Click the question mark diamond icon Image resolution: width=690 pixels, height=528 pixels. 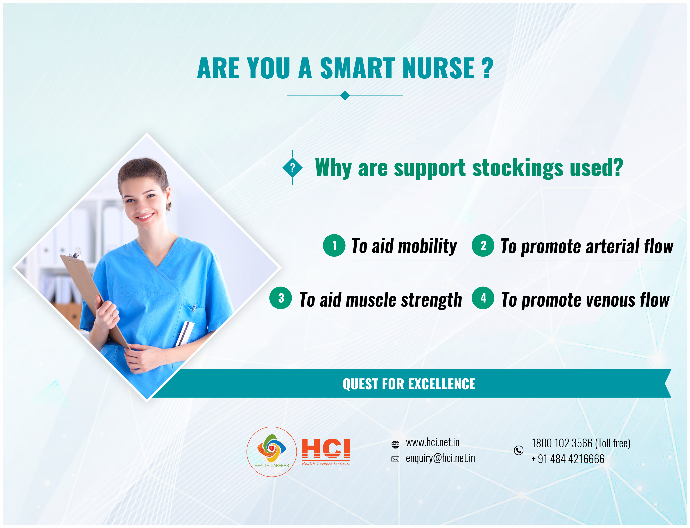click(292, 168)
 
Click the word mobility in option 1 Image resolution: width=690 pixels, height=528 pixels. click(428, 246)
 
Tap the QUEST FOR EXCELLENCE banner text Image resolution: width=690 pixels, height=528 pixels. click(409, 384)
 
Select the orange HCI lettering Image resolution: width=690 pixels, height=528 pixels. click(326, 448)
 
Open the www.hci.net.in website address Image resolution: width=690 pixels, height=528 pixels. click(432, 442)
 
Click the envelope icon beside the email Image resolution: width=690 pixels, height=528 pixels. click(395, 459)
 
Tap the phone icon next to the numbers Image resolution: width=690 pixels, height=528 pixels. click(518, 450)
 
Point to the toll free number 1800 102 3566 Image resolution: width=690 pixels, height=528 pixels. click(562, 443)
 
